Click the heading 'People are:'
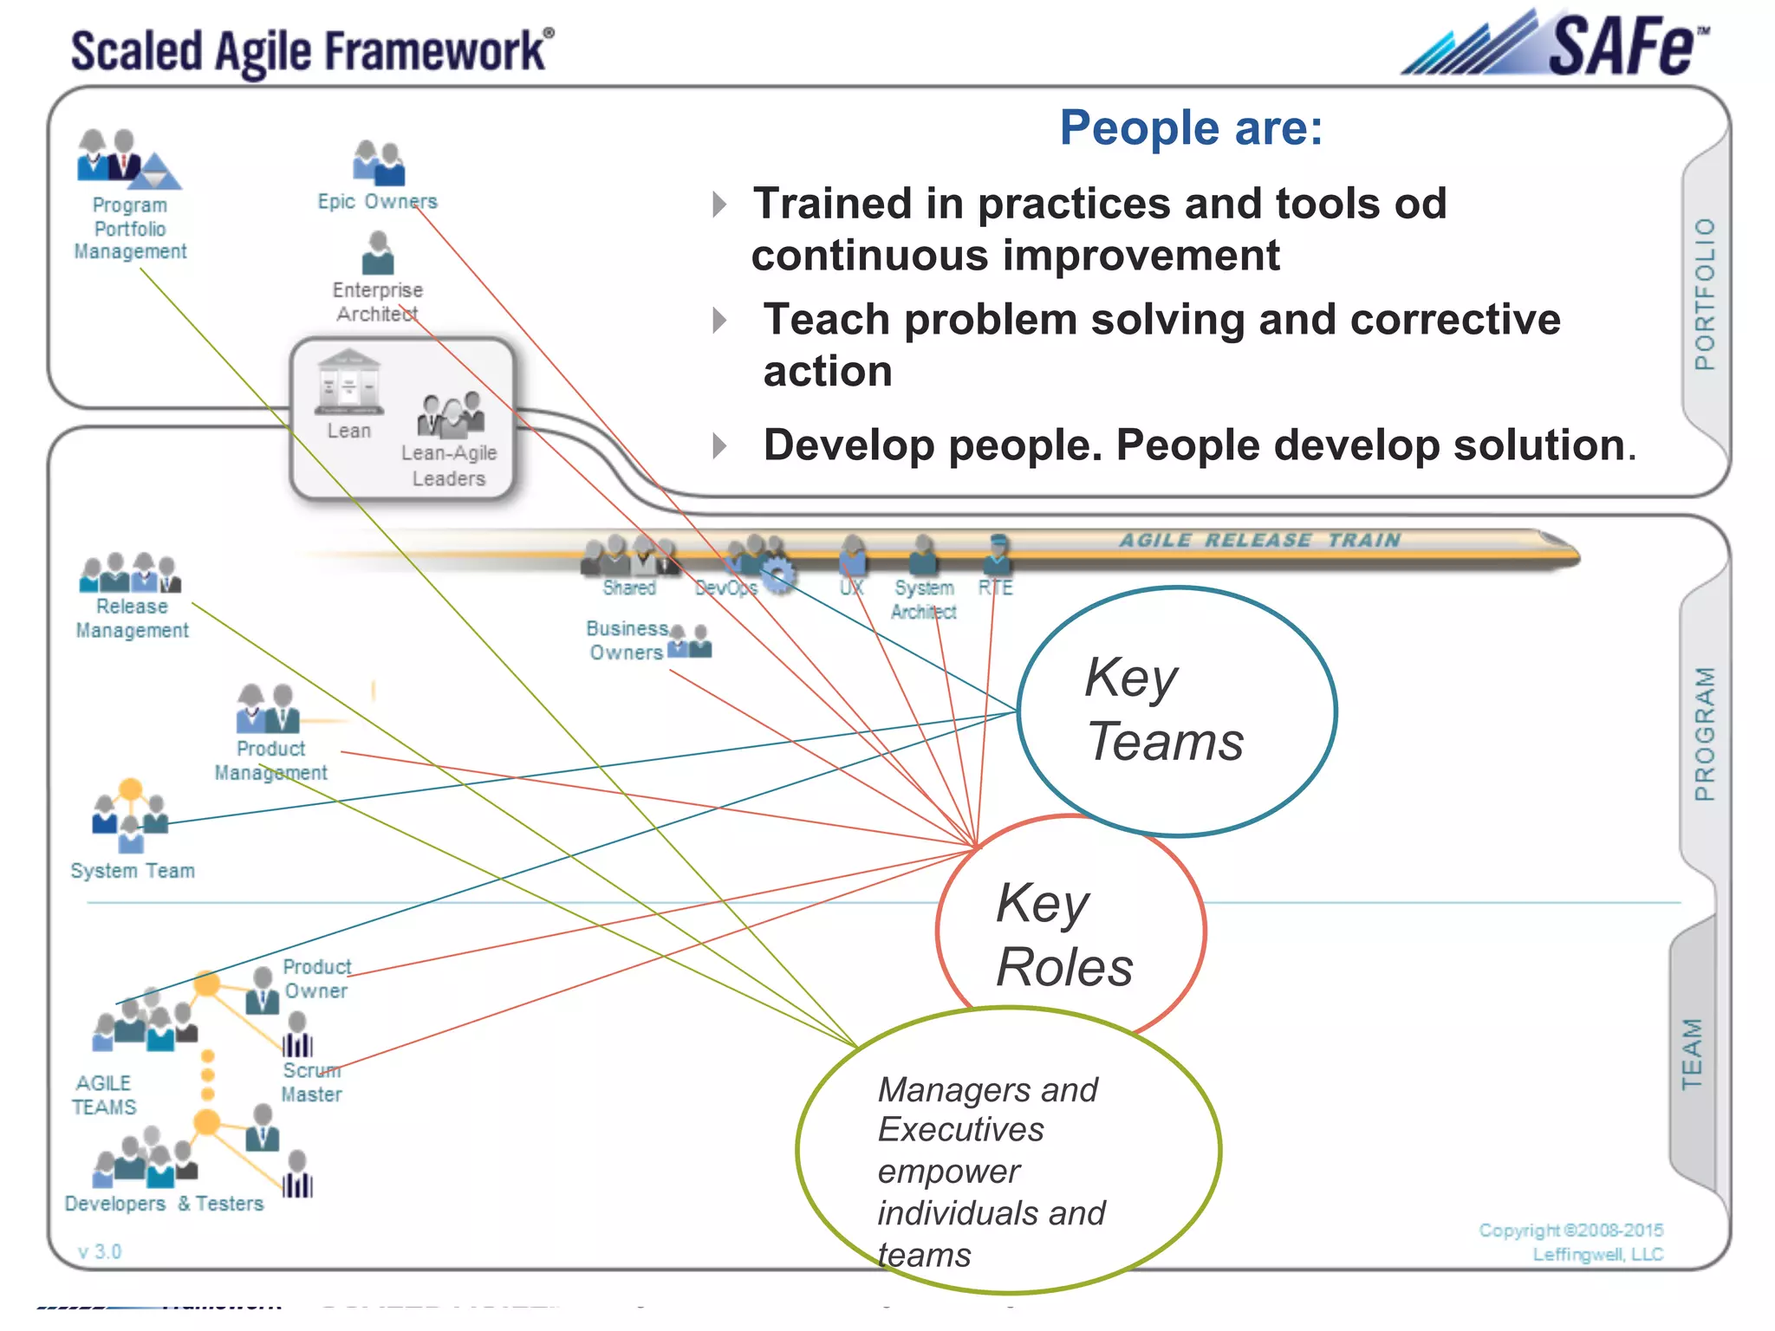pos(1191,128)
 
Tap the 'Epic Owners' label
pos(377,202)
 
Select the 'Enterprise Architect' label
pos(378,302)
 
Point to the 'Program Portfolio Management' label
pos(130,229)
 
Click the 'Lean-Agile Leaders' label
pos(449,465)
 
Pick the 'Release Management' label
pos(132,619)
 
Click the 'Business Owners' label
pos(627,640)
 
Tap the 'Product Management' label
pos(271,761)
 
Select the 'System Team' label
pos(133,871)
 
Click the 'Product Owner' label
pos(316,978)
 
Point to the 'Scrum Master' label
pos(311,1083)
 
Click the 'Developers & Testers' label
pos(164,1204)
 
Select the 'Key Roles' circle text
pos(1064,935)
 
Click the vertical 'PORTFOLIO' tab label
pos(1705,295)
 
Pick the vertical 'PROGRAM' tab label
pos(1705,734)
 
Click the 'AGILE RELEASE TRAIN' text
pos(1259,540)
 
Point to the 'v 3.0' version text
pos(100,1251)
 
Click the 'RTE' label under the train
pos(995,588)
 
